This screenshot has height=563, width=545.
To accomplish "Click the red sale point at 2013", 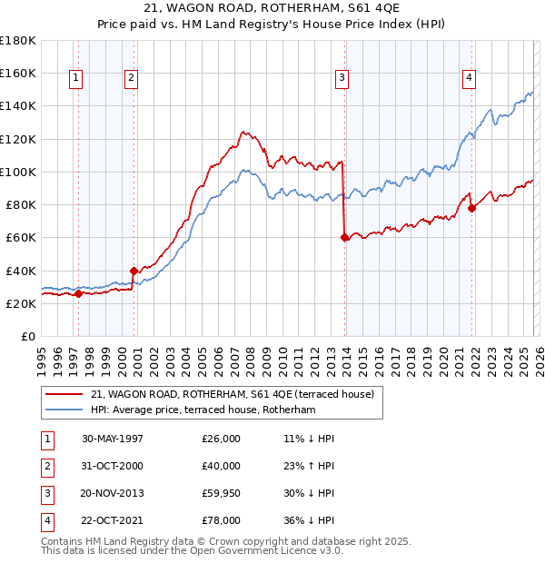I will coord(344,238).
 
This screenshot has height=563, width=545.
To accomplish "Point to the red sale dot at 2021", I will coord(471,208).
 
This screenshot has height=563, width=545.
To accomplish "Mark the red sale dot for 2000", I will coord(134,270).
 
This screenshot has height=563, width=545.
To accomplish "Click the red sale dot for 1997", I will coord(78,293).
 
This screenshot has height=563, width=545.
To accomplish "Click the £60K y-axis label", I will coord(20,238).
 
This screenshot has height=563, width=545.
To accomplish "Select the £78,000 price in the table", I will coord(222,520).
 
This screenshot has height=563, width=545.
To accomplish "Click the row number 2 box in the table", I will coord(45,466).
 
